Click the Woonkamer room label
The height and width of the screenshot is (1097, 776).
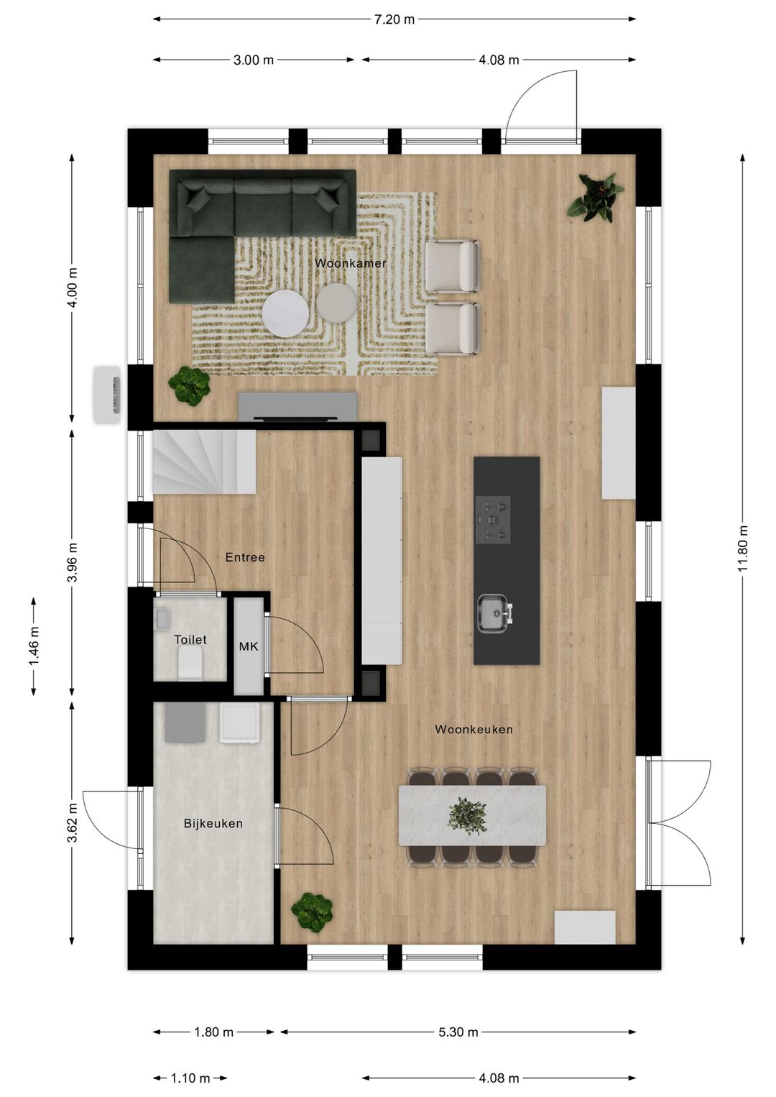(x=350, y=264)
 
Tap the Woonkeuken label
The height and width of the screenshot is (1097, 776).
(x=474, y=730)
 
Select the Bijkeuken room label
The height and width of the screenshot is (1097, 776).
(x=213, y=824)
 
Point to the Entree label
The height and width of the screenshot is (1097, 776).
(x=245, y=557)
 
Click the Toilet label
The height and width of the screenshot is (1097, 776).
(x=190, y=640)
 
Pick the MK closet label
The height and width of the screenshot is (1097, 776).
(x=249, y=647)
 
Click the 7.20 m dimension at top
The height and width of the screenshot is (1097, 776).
(x=394, y=19)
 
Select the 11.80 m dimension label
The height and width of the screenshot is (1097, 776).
(x=743, y=548)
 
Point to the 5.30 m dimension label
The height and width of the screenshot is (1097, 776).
(x=458, y=1032)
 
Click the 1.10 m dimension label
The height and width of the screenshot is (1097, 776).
(x=190, y=1078)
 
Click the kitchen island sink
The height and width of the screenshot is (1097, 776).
(x=494, y=613)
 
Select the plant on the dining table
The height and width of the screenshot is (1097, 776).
(x=468, y=815)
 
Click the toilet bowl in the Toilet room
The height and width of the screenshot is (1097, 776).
(x=190, y=662)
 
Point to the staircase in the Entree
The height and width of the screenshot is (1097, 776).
(x=204, y=462)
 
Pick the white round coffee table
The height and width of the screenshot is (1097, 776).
(x=285, y=313)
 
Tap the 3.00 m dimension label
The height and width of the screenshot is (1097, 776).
(x=254, y=60)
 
